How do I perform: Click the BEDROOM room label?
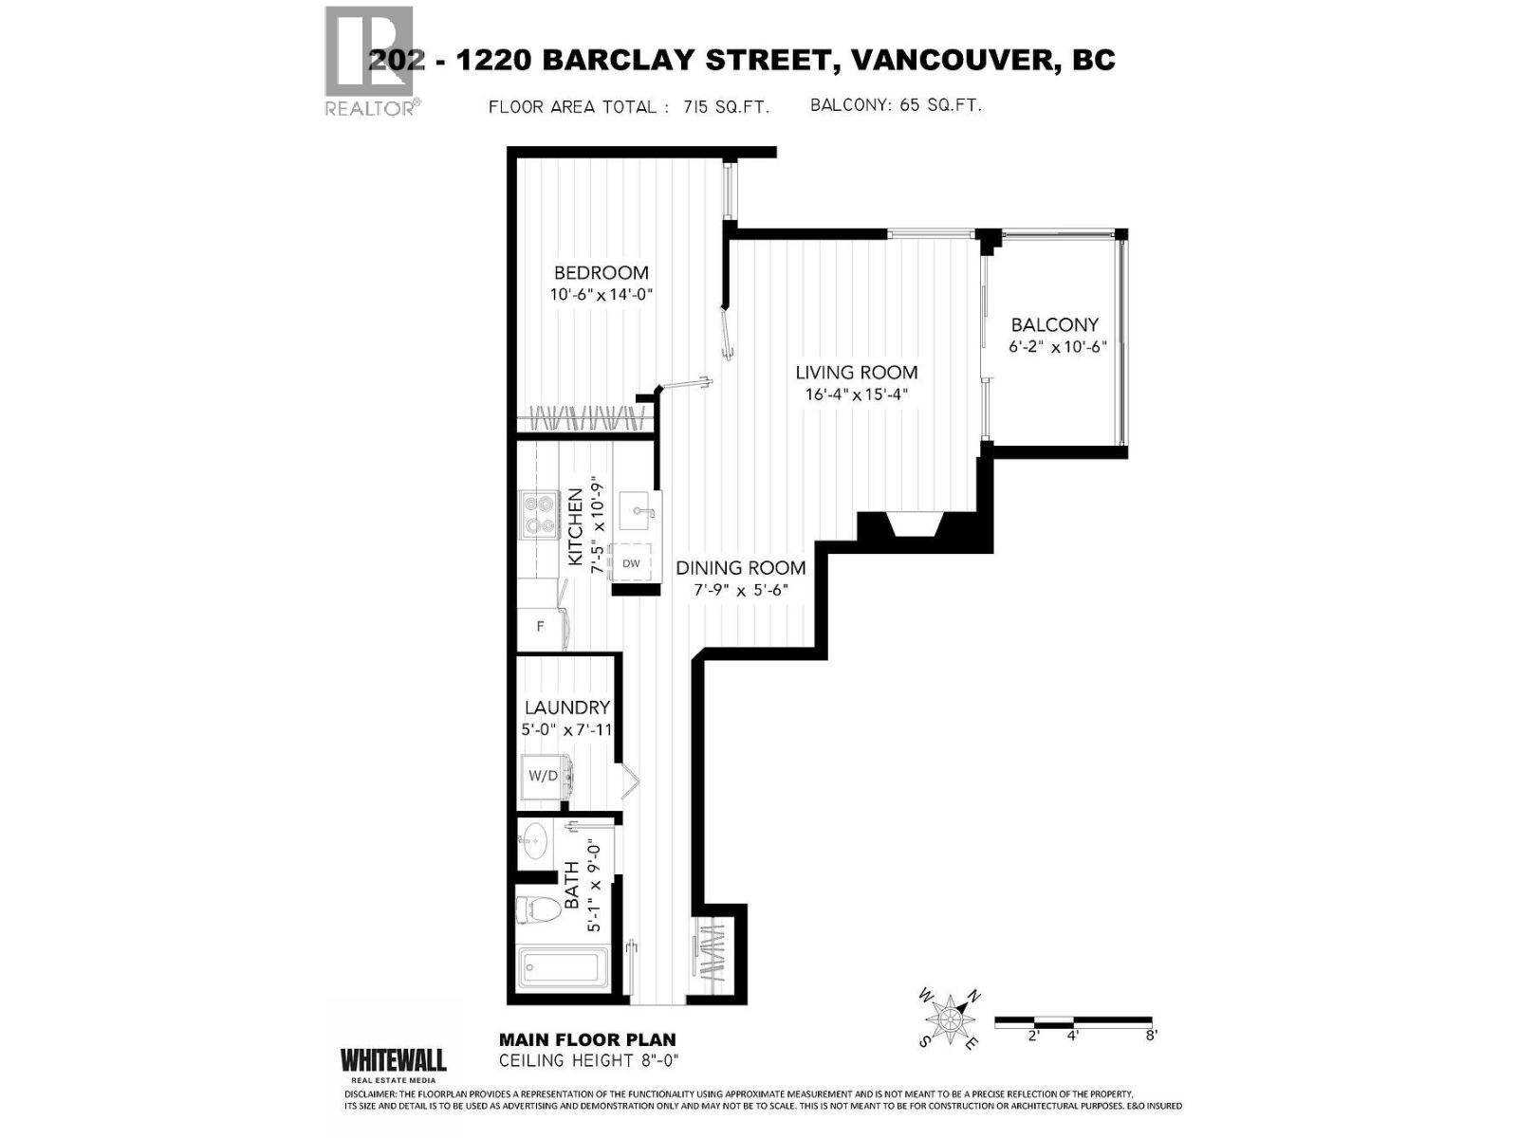pos(602,273)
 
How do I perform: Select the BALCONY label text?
pos(1054,324)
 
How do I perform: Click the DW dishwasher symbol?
pos(631,563)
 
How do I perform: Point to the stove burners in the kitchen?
pos(539,515)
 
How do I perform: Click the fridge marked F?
pos(541,627)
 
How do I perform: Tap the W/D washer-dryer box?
pos(544,776)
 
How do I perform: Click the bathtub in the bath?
pos(560,968)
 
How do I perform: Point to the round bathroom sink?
pos(535,839)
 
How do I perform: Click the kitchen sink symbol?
pos(638,512)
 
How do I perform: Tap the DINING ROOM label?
pos(740,568)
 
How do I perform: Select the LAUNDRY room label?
pos(567,707)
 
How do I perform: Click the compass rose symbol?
pos(949,1019)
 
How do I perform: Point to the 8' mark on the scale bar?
pos(1151,1037)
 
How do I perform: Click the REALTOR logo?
pos(369,61)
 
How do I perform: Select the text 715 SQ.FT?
pos(726,107)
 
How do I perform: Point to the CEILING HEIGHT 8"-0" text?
pos(589,1060)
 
